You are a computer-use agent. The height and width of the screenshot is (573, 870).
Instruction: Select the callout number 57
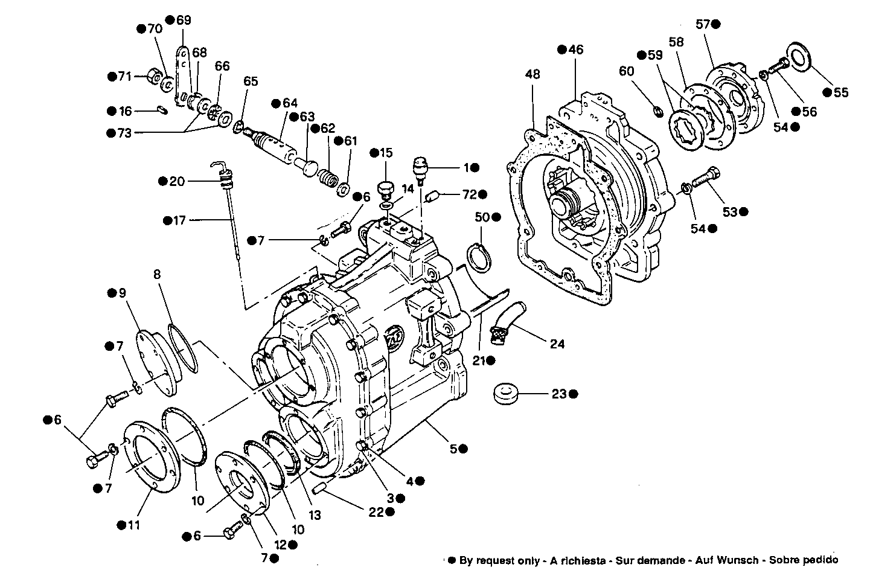703,24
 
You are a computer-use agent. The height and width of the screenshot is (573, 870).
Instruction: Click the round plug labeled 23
506,394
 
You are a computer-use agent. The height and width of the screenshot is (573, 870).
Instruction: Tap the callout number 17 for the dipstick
179,221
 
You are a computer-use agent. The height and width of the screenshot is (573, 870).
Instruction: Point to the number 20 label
176,181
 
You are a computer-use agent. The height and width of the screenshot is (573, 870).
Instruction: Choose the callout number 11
133,525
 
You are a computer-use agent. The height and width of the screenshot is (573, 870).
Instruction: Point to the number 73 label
124,133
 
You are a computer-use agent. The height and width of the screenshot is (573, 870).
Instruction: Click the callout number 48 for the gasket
533,75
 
